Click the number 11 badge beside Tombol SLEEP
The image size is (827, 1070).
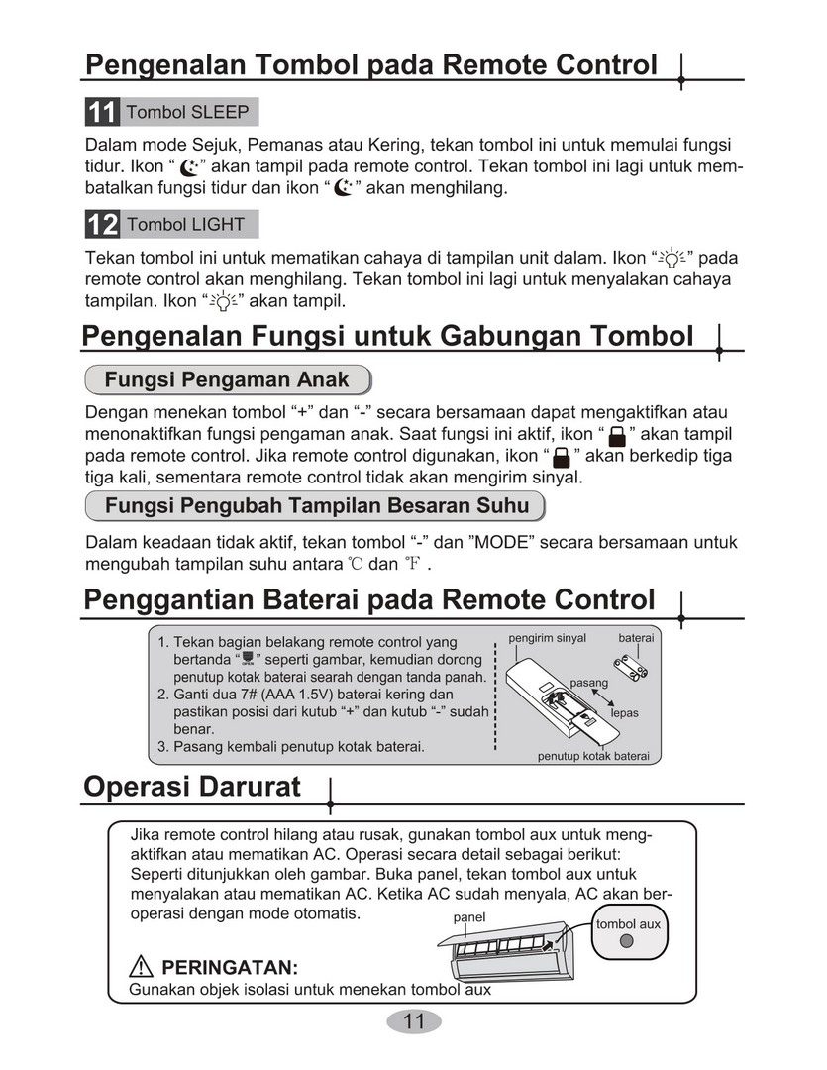click(102, 112)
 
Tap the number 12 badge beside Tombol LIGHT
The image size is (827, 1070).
click(102, 225)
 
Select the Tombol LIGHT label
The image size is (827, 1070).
click(185, 225)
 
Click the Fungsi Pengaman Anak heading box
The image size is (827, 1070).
click(227, 379)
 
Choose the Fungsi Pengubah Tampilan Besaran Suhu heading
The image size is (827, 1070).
click(317, 506)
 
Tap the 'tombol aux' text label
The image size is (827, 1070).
click(628, 924)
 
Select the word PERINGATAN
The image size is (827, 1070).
click(230, 967)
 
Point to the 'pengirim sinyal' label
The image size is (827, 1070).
click(548, 638)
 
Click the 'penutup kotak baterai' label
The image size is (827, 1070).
click(593, 756)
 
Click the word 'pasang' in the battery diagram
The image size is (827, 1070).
click(589, 683)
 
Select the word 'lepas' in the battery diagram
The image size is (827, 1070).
click(624, 712)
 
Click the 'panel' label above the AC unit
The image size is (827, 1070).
click(469, 917)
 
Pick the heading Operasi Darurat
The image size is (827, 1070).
click(192, 788)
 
